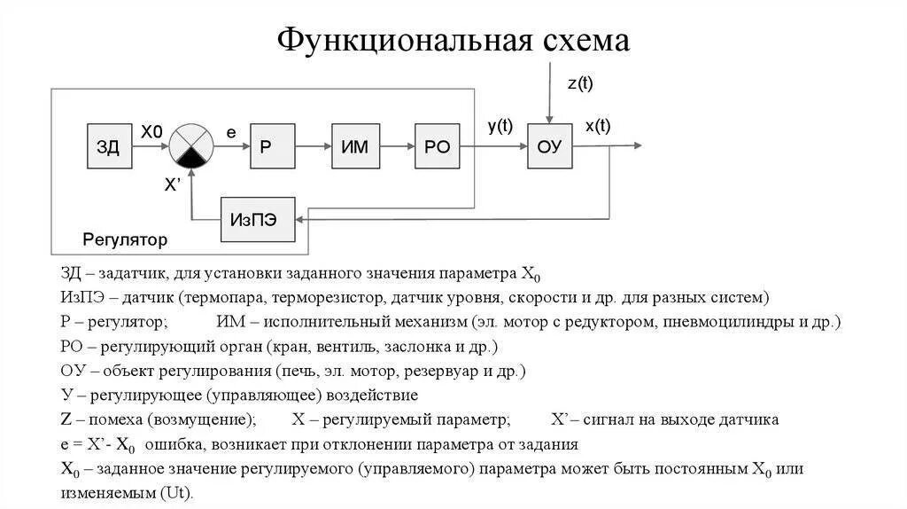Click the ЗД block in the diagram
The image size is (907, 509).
(109, 147)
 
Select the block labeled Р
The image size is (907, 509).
(272, 147)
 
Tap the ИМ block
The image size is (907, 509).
(354, 147)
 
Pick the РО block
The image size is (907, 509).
(437, 147)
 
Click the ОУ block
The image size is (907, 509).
(550, 147)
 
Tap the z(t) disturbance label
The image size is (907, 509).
(580, 84)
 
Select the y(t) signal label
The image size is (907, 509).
(500, 126)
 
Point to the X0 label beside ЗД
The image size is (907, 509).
(151, 131)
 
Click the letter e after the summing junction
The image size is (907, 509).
(231, 132)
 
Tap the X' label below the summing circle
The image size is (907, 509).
(174, 184)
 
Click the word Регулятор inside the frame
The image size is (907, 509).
(125, 239)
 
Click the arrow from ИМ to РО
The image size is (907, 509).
(395, 147)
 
